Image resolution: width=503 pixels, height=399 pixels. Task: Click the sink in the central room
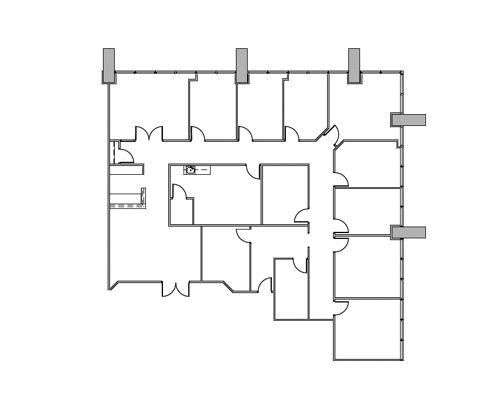click(x=191, y=170)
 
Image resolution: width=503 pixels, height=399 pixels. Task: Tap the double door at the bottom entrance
click(x=175, y=289)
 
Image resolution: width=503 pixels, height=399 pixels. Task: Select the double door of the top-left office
click(x=149, y=134)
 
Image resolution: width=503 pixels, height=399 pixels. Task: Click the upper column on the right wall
click(x=408, y=120)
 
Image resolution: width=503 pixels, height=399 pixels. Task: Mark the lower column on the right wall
click(x=408, y=232)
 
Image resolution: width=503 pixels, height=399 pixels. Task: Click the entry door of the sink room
click(x=254, y=172)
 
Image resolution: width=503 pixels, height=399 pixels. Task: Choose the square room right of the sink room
click(x=285, y=194)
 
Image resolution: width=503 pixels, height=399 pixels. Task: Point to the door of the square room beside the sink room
click(x=302, y=216)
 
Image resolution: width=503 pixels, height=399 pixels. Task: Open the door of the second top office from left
click(x=198, y=134)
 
